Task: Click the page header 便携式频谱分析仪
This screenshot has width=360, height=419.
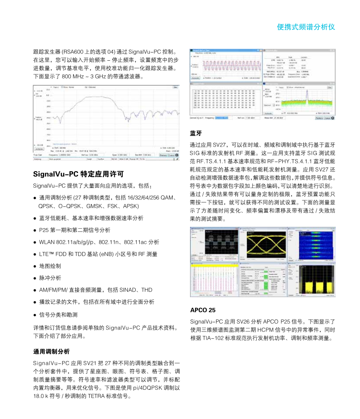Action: click(x=306, y=27)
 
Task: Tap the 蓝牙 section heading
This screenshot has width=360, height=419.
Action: click(x=196, y=133)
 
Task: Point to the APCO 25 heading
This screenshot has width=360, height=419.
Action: click(x=202, y=310)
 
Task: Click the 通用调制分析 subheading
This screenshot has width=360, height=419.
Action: click(x=51, y=351)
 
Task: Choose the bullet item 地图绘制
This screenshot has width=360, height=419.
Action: click(x=50, y=266)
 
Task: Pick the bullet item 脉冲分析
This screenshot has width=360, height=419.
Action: click(x=50, y=278)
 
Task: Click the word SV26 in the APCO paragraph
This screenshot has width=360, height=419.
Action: click(x=241, y=322)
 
